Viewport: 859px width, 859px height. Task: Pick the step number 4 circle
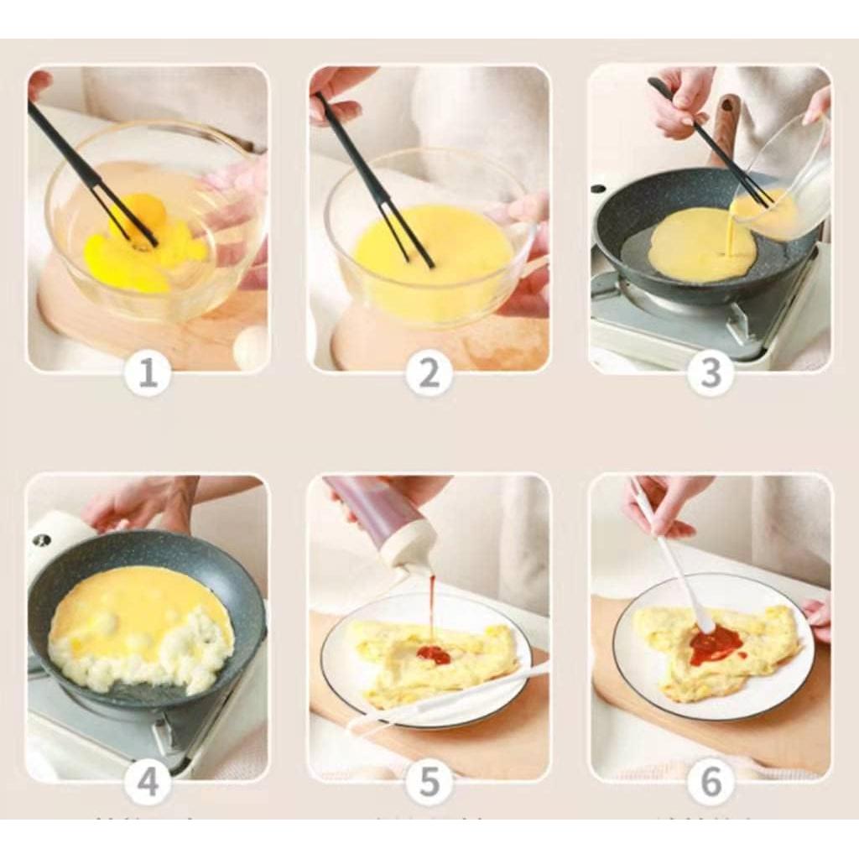[x=148, y=783]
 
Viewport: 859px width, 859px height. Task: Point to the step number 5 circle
[x=429, y=783]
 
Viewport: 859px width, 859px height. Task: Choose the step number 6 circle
[x=711, y=783]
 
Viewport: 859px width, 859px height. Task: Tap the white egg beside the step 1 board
[x=251, y=346]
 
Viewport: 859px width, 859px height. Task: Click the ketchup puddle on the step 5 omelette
[x=434, y=654]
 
